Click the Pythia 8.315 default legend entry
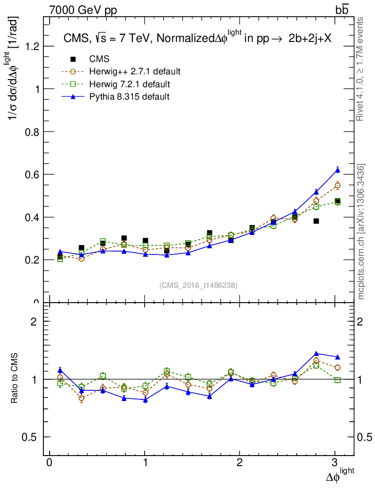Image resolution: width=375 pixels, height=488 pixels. [129, 97]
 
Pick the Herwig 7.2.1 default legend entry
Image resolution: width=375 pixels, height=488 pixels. [129, 84]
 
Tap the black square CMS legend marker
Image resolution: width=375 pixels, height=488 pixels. [73, 60]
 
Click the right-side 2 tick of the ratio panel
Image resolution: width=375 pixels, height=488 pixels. [364, 321]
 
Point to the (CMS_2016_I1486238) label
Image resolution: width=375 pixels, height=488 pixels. [198, 285]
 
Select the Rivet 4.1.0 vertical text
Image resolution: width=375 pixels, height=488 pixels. [361, 69]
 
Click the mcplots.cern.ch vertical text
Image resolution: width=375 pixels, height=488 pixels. [361, 232]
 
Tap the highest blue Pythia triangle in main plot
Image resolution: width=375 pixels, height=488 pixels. [337, 170]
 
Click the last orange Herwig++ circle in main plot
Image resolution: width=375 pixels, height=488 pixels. [337, 185]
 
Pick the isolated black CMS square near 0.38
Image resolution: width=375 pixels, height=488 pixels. [316, 221]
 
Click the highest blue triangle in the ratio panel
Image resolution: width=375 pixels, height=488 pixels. [316, 354]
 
